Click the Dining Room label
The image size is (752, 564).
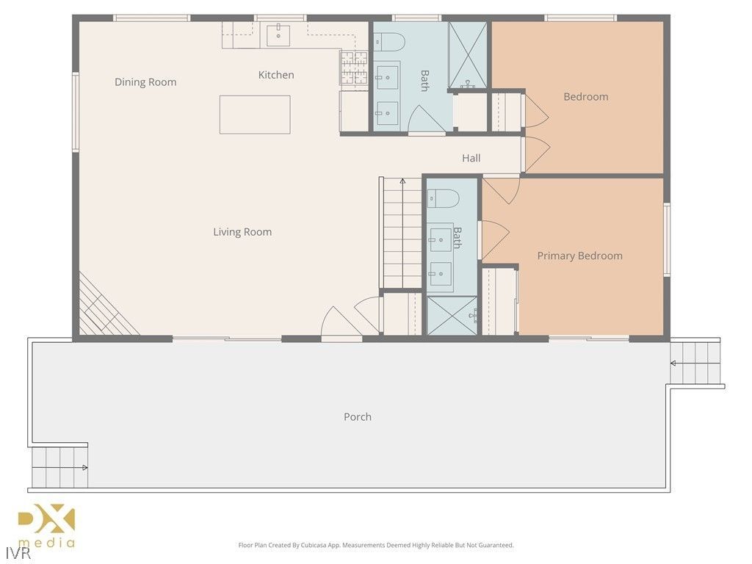pyautogui.click(x=145, y=82)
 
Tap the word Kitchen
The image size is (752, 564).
pyautogui.click(x=276, y=75)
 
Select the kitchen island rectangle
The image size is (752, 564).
pyautogui.click(x=255, y=115)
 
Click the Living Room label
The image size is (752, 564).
pyautogui.click(x=242, y=232)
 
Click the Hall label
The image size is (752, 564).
pyautogui.click(x=471, y=158)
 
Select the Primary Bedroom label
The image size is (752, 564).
pyautogui.click(x=579, y=256)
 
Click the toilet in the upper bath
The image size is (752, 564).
pyautogui.click(x=389, y=41)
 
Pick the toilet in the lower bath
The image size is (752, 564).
pyautogui.click(x=444, y=198)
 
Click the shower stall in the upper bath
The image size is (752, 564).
pyautogui.click(x=467, y=56)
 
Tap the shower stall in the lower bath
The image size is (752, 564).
pyautogui.click(x=452, y=314)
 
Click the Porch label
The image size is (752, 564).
pyautogui.click(x=358, y=417)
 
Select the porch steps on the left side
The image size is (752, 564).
pyautogui.click(x=59, y=467)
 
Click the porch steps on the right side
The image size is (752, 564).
pyautogui.click(x=695, y=363)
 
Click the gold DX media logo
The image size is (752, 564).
pyautogui.click(x=46, y=526)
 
